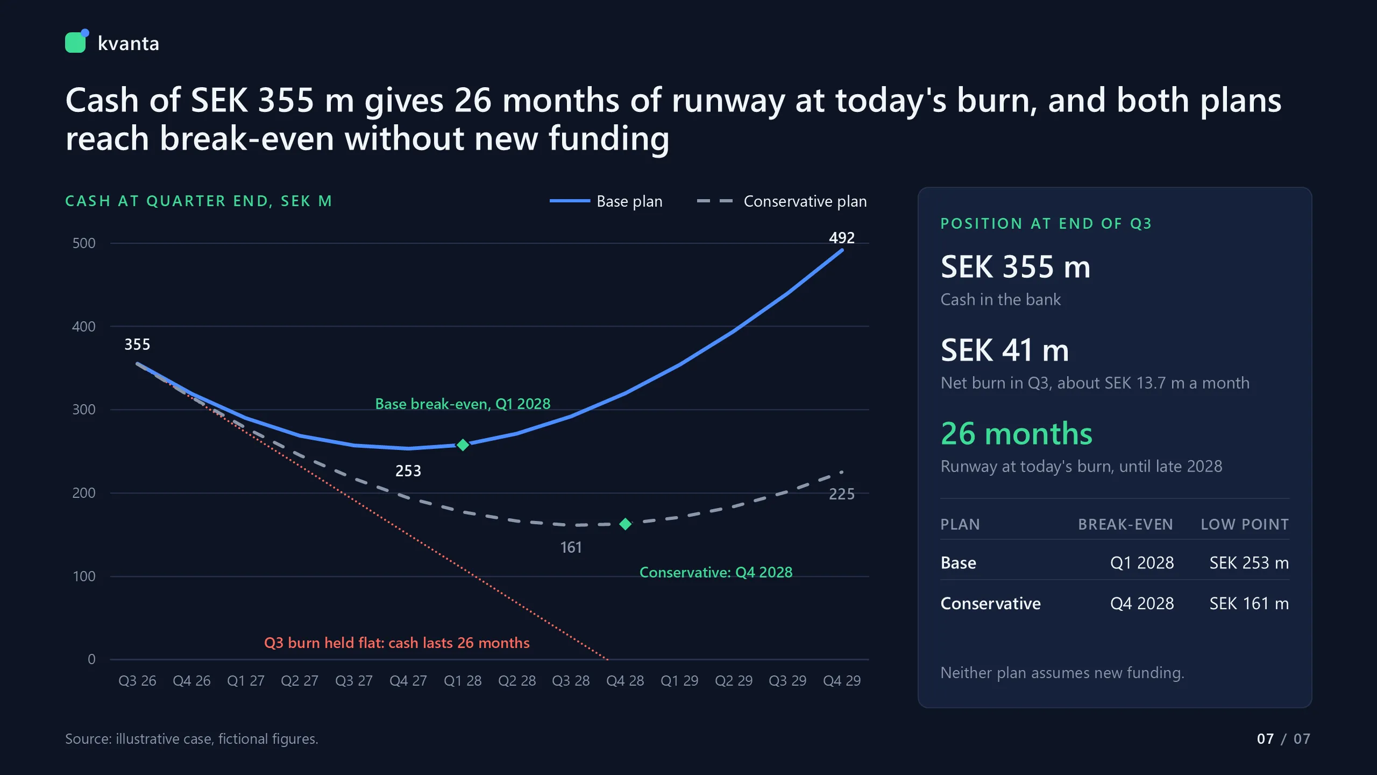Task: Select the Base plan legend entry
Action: pyautogui.click(x=606, y=201)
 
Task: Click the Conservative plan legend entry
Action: pyautogui.click(x=782, y=201)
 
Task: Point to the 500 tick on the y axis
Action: pyautogui.click(x=84, y=243)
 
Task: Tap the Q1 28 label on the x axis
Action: pyautogui.click(x=463, y=681)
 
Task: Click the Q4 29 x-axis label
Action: pyautogui.click(x=842, y=681)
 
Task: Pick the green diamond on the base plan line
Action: pyautogui.click(x=463, y=445)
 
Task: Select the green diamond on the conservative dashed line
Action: pyautogui.click(x=625, y=524)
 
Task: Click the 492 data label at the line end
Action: pyautogui.click(x=842, y=238)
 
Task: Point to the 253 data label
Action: pyautogui.click(x=408, y=471)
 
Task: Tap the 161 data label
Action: pyautogui.click(x=571, y=548)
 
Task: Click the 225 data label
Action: pyautogui.click(x=842, y=495)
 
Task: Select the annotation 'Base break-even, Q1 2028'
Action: pyautogui.click(x=463, y=404)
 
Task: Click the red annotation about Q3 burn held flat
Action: pyautogui.click(x=397, y=643)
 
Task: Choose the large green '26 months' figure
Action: pyautogui.click(x=1017, y=434)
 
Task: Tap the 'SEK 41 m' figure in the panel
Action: pyautogui.click(x=1005, y=350)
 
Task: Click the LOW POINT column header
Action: pyautogui.click(x=1245, y=525)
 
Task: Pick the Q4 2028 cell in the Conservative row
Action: pyautogui.click(x=1142, y=604)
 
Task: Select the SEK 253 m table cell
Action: pyautogui.click(x=1249, y=563)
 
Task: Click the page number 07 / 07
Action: pyautogui.click(x=1283, y=739)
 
